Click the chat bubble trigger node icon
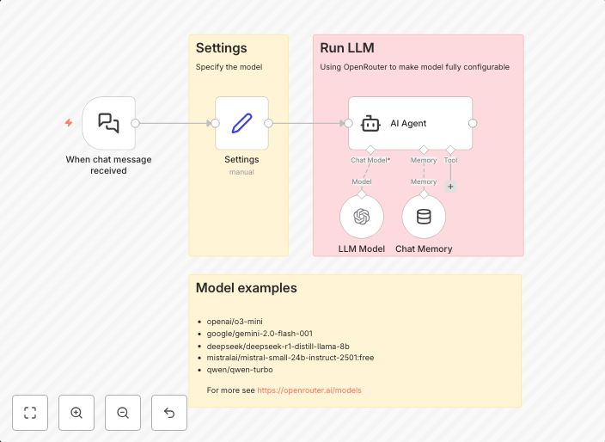[x=108, y=123]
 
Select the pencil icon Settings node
[x=241, y=123]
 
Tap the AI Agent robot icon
[x=370, y=123]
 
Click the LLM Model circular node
[x=362, y=217]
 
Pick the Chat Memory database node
[x=424, y=217]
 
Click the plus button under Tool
[x=450, y=186]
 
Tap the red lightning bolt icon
[x=69, y=123]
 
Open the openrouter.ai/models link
[x=309, y=390]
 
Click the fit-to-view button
[x=30, y=413]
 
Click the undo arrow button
[x=169, y=413]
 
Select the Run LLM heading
[x=347, y=48]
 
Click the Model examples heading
[x=247, y=288]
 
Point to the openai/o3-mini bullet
[x=229, y=322]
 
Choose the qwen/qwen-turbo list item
[x=240, y=370]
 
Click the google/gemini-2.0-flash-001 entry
[x=260, y=334]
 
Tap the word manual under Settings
[x=241, y=172]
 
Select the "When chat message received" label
[x=108, y=165]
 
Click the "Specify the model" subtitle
[x=229, y=67]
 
